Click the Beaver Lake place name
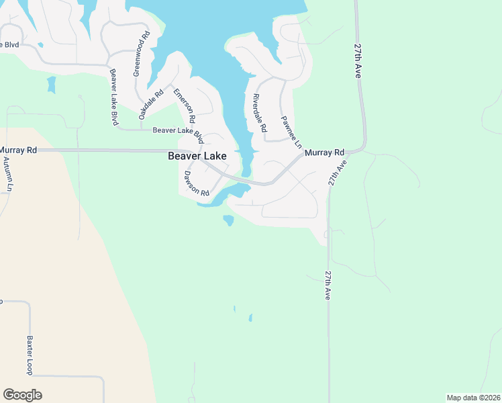click(x=197, y=156)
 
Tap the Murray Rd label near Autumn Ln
click(x=18, y=150)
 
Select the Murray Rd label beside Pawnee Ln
click(x=324, y=153)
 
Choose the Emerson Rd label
click(x=184, y=105)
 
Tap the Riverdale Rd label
click(x=260, y=112)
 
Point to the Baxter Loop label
click(x=30, y=355)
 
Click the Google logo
click(x=22, y=395)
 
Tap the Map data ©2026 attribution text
click(x=472, y=398)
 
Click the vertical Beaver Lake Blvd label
click(x=114, y=97)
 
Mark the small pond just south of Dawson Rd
click(x=229, y=220)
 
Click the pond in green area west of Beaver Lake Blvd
click(x=51, y=85)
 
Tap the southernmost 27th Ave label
click(x=328, y=285)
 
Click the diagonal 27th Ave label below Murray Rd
click(x=337, y=173)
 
